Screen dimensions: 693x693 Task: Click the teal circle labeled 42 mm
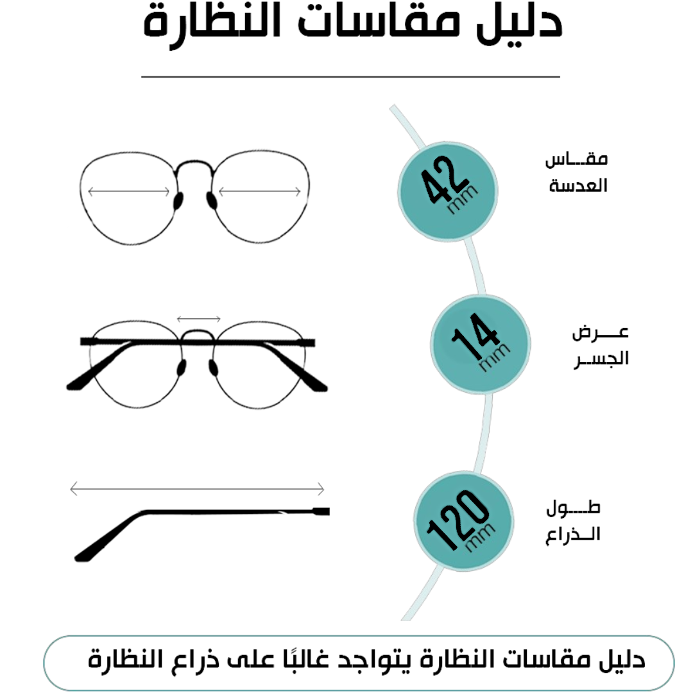(447, 191)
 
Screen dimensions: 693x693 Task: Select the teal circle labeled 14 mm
(480, 344)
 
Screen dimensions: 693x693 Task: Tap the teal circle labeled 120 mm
(463, 521)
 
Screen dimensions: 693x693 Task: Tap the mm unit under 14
(495, 357)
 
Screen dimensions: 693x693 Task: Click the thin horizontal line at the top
(350, 77)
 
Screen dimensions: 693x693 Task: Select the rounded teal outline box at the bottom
(359, 663)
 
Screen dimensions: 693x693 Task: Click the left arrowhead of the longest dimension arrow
(73, 490)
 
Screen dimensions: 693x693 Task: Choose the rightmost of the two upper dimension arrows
(261, 191)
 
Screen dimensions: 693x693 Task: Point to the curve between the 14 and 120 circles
(486, 433)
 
